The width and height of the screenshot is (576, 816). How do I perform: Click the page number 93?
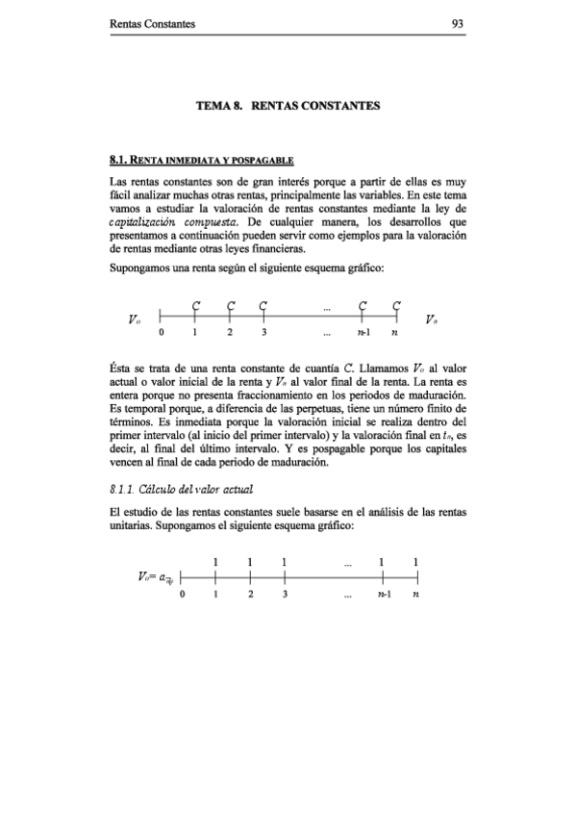pos(458,26)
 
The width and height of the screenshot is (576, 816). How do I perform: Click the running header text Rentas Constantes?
pos(153,26)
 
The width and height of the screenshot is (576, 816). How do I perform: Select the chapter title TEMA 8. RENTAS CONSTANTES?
pos(288,103)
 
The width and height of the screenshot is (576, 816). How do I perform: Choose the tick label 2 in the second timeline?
pos(250,596)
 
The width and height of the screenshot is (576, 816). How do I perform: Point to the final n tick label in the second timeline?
pos(414,596)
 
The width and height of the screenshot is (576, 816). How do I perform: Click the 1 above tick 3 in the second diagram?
pos(285,561)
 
